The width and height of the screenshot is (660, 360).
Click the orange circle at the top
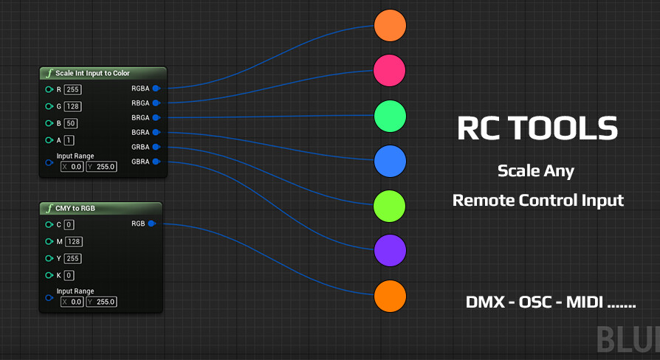click(390, 25)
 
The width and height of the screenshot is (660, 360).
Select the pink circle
click(390, 70)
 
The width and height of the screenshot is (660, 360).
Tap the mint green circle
click(390, 116)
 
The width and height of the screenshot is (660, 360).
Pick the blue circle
click(390, 161)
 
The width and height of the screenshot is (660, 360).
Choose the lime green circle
click(390, 206)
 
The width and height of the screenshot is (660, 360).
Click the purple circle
click(390, 251)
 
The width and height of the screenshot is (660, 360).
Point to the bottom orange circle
click(390, 297)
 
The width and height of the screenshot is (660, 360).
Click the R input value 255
click(72, 89)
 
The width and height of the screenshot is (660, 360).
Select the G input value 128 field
click(72, 106)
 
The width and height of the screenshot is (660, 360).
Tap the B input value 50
click(70, 123)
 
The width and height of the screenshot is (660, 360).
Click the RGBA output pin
click(156, 89)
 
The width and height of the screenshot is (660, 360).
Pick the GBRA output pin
click(156, 162)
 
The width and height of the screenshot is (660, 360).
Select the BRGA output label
click(140, 117)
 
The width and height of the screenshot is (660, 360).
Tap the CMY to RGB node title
click(75, 209)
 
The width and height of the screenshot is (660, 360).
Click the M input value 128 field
click(73, 241)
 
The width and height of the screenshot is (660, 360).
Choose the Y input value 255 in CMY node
click(72, 258)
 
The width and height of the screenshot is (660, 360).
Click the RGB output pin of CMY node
click(151, 224)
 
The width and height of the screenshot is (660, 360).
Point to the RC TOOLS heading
click(537, 128)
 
